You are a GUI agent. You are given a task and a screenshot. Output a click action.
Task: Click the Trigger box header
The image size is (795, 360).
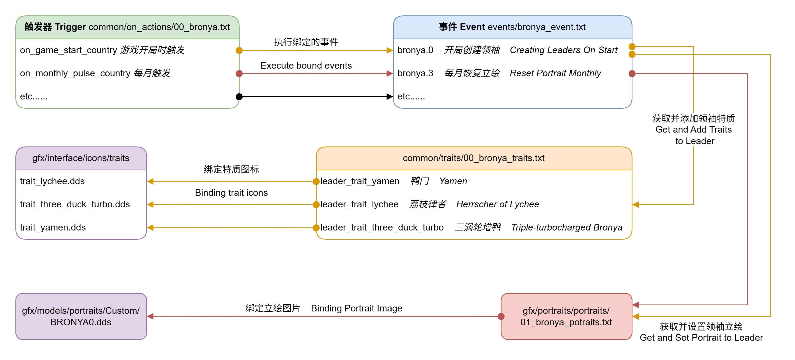click(127, 27)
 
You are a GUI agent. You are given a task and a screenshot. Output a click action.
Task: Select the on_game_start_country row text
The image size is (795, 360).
click(68, 50)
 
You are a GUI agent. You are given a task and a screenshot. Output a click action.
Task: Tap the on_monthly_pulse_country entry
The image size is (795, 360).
click(75, 73)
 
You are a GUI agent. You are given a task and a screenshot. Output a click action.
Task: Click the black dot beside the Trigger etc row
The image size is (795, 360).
click(239, 97)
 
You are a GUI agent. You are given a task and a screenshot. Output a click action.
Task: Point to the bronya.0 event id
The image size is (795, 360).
click(415, 50)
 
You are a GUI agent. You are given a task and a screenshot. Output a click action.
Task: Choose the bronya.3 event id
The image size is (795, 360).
click(415, 73)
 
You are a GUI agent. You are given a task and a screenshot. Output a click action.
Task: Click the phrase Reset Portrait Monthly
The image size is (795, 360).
click(555, 73)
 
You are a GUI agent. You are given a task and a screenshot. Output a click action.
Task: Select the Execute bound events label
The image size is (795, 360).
click(306, 66)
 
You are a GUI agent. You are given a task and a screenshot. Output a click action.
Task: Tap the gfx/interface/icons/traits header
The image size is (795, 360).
click(81, 158)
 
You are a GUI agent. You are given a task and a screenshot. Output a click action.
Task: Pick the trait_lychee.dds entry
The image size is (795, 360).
click(52, 181)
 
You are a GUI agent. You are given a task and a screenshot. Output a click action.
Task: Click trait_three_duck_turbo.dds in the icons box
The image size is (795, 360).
click(75, 204)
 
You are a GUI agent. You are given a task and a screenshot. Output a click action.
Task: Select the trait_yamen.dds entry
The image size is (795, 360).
click(53, 228)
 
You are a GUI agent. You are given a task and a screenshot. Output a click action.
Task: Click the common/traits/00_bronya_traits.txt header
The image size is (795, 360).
click(474, 158)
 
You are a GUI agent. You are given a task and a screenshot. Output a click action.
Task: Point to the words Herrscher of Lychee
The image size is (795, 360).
click(497, 204)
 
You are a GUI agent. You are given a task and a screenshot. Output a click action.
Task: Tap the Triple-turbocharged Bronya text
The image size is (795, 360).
click(566, 228)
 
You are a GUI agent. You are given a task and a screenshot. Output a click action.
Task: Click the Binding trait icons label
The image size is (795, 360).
click(231, 193)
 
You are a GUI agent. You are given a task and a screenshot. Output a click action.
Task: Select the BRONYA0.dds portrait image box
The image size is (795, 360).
click(81, 316)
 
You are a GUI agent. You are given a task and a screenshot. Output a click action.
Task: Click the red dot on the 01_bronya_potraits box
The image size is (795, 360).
click(501, 316)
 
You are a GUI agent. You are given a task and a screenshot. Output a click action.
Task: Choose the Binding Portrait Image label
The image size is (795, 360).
click(356, 308)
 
